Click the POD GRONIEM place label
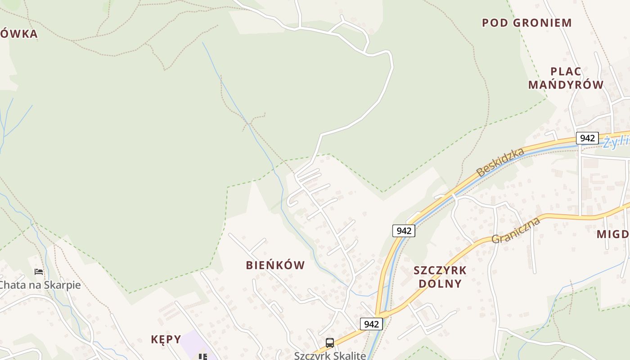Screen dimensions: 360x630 tap(526, 23)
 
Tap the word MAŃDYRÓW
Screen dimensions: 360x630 tap(566, 85)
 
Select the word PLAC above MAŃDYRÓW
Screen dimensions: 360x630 tap(566, 72)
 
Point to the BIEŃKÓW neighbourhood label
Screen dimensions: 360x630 tap(275, 265)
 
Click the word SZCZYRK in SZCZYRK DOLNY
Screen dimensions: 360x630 tap(440, 270)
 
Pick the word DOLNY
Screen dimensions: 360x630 tap(440, 283)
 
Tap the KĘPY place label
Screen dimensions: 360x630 tap(166, 339)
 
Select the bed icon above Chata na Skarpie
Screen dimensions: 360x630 tap(39, 272)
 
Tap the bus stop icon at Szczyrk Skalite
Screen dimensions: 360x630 tap(330, 343)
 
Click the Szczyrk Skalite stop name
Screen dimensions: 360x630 tap(330, 355)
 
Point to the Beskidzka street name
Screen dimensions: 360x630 tap(500, 162)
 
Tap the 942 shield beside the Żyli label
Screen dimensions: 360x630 tap(587, 138)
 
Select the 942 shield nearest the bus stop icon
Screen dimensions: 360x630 tap(371, 324)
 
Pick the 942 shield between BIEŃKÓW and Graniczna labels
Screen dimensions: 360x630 tap(404, 231)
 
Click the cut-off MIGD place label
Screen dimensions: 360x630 tap(612, 234)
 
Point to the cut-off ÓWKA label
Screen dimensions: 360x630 tap(18, 34)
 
